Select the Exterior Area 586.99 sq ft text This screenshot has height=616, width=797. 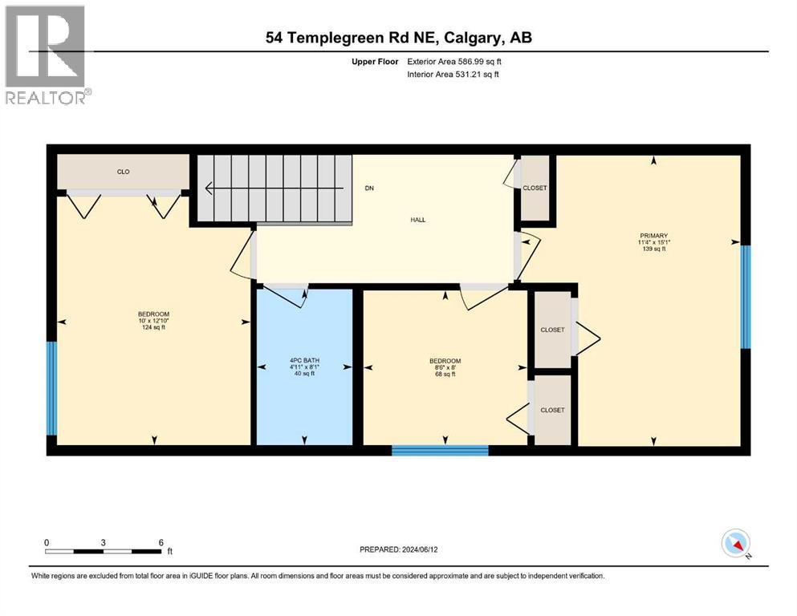click(x=457, y=61)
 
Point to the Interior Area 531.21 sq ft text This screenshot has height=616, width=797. click(x=455, y=75)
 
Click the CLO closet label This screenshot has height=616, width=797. click(x=123, y=172)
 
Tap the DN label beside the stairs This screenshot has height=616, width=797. click(x=369, y=188)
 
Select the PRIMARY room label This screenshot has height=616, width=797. click(x=654, y=235)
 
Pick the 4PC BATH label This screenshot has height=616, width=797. click(x=303, y=360)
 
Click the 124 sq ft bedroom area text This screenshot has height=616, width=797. click(x=153, y=327)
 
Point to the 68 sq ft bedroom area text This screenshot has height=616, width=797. click(x=445, y=374)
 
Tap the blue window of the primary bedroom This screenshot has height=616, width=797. click(x=745, y=297)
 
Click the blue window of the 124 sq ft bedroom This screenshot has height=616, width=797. click(x=52, y=388)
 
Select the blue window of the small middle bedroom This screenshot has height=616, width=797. click(x=440, y=450)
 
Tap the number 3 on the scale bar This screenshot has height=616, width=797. click(x=103, y=542)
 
